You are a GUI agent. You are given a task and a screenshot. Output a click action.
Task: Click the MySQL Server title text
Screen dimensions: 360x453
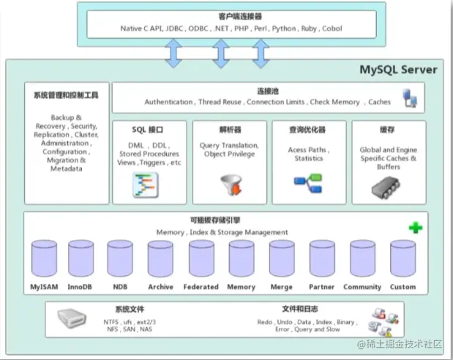point(398,70)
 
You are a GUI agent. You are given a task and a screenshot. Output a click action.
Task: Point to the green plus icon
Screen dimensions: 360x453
point(416,228)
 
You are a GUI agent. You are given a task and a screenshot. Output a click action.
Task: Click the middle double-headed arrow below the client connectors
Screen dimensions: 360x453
point(220,53)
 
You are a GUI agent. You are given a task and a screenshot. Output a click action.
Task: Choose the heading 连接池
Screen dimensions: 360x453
point(268,91)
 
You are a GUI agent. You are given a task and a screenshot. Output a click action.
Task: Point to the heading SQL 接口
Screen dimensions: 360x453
point(149,130)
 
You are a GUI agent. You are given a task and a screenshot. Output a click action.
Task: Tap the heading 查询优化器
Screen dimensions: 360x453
point(309,130)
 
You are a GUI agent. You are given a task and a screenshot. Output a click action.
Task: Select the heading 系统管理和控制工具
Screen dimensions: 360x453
point(67,95)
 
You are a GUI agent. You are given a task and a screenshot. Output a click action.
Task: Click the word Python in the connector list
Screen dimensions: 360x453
point(282,29)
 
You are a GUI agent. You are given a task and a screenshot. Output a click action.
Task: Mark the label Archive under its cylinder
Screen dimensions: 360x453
point(160,287)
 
